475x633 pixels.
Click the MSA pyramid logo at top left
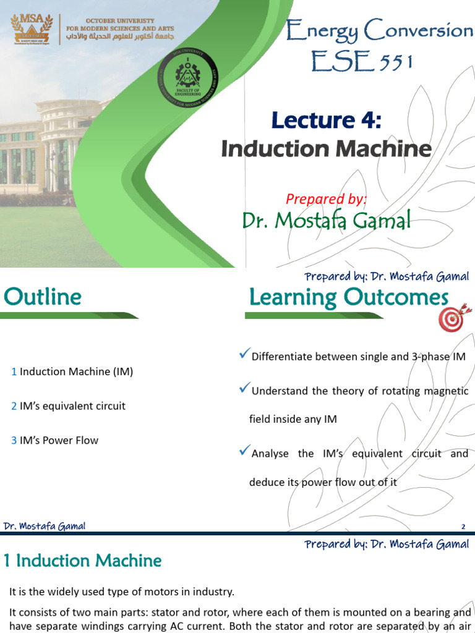[30, 30]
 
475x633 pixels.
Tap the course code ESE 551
[362, 61]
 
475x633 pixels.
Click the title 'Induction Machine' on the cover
[327, 148]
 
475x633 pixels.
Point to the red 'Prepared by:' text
[326, 198]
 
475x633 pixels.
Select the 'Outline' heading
[43, 297]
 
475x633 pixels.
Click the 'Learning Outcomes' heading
[348, 297]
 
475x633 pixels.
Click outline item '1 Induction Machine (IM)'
[72, 372]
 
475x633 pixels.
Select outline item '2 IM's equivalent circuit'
[68, 406]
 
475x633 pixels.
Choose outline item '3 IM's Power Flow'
[54, 440]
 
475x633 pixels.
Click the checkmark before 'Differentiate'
[244, 354]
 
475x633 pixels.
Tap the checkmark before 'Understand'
[244, 389]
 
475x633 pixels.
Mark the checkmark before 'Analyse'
[244, 452]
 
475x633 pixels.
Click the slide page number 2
[463, 527]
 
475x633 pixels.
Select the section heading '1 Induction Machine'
[83, 561]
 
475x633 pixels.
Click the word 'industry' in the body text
[214, 592]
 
